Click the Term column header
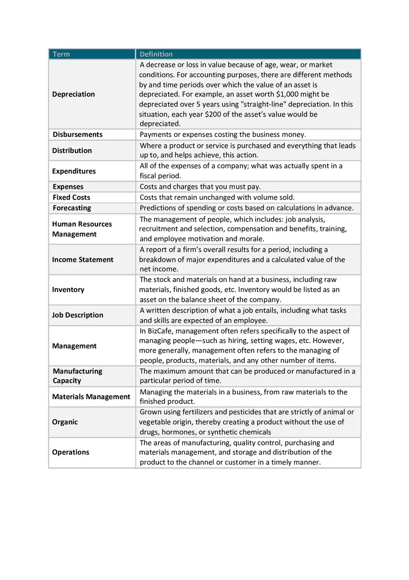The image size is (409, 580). [x=61, y=54]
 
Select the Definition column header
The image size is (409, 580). [x=156, y=54]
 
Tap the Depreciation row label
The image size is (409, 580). [x=73, y=94]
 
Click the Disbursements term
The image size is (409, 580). [x=78, y=134]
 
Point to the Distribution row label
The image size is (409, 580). [x=72, y=151]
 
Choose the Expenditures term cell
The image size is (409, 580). [x=74, y=171]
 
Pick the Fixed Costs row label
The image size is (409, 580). [x=72, y=198]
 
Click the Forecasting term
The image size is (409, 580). [x=72, y=208]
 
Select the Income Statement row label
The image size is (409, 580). [x=83, y=260]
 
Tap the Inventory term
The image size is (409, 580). [x=68, y=290]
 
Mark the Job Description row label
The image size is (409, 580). [x=78, y=315]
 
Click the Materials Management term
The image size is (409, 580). [x=91, y=397]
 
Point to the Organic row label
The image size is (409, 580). [x=65, y=422]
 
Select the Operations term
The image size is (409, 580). [x=71, y=453]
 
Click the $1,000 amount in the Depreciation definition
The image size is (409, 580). [x=290, y=94]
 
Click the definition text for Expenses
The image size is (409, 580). [x=200, y=187]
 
